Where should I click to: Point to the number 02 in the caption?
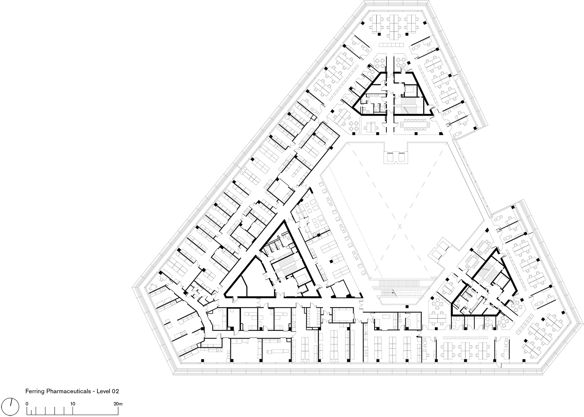115,391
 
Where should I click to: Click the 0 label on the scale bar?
27,404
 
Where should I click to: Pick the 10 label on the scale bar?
72,404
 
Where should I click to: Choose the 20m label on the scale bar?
118,404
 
